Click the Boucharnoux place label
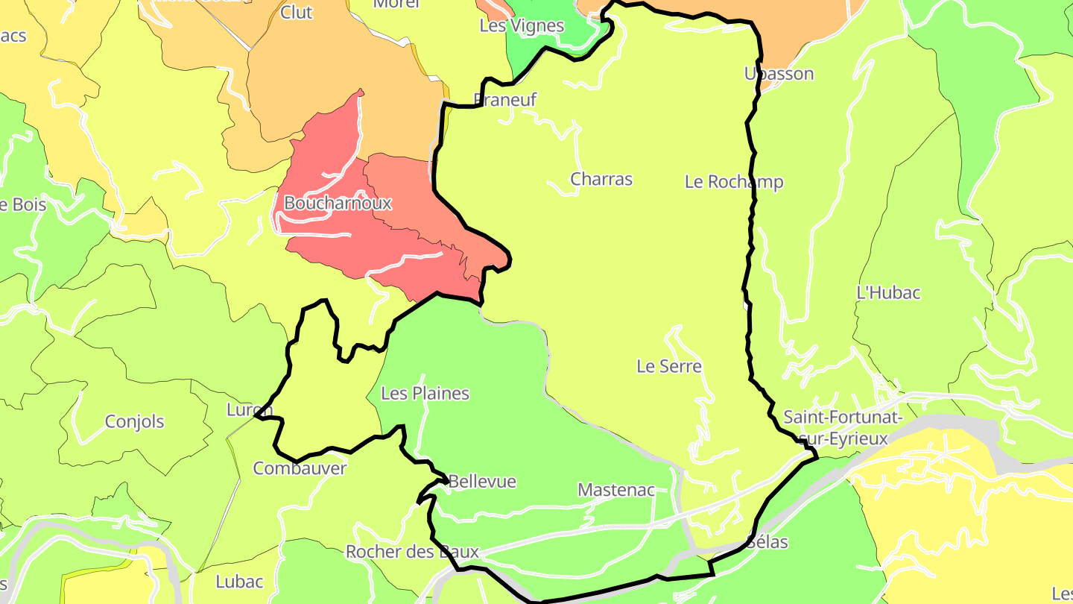point(338,203)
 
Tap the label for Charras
point(601,179)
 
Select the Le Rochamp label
point(734,182)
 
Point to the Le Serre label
point(669,366)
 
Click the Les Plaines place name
point(425,393)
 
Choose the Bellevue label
point(482,482)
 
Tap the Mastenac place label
point(616,490)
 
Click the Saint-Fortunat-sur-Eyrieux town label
point(843,427)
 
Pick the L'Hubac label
point(888,292)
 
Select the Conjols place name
point(134,421)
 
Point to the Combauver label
point(300,468)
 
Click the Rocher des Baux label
point(412,552)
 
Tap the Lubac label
point(239,582)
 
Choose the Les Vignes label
point(522,25)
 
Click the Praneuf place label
point(505,100)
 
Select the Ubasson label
point(779,74)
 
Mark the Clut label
point(297,13)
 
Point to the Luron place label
point(250,410)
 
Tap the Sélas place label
point(767,542)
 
